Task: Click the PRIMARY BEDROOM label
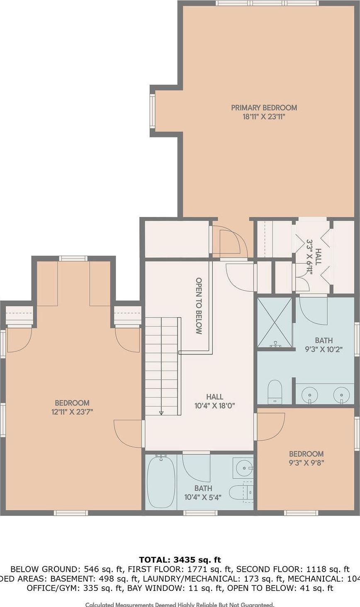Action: pyautogui.click(x=264, y=107)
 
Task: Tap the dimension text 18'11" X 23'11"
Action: pyautogui.click(x=264, y=117)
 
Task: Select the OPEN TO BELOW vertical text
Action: pyautogui.click(x=199, y=306)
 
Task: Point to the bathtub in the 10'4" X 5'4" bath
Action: pyautogui.click(x=161, y=481)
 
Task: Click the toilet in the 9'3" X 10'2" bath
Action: pyautogui.click(x=274, y=392)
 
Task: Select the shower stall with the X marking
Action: pyautogui.click(x=275, y=322)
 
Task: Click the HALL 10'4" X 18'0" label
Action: pyautogui.click(x=214, y=401)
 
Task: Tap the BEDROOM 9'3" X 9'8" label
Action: pyautogui.click(x=306, y=458)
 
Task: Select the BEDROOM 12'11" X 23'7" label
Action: pyautogui.click(x=72, y=407)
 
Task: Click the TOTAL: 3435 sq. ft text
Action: pyautogui.click(x=180, y=560)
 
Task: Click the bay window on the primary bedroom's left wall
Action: pyautogui.click(x=152, y=111)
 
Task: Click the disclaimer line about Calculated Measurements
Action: pyautogui.click(x=180, y=605)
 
